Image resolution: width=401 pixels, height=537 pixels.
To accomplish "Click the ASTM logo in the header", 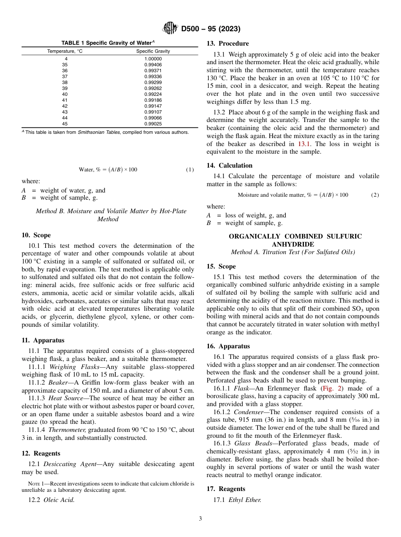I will click(x=170, y=29).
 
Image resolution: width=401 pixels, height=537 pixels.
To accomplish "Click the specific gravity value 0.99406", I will click(x=153, y=65).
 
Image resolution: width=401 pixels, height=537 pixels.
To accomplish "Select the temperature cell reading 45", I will click(x=65, y=124).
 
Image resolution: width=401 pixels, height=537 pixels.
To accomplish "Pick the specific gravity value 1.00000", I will click(x=153, y=59).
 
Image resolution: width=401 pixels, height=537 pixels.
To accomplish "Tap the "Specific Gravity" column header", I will click(x=153, y=51).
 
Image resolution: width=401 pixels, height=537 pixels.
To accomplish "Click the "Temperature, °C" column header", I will click(x=65, y=51).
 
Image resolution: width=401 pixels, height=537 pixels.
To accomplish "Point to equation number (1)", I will click(x=190, y=170).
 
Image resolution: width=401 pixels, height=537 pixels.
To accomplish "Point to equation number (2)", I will click(x=375, y=195).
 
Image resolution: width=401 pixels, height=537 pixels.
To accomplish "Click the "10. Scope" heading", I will click(x=36, y=235).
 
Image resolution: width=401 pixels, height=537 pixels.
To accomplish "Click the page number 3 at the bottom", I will click(x=200, y=519).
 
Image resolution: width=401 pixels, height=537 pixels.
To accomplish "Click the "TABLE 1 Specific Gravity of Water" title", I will click(x=108, y=43).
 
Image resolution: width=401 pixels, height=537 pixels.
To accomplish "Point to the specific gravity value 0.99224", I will click(x=153, y=94).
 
